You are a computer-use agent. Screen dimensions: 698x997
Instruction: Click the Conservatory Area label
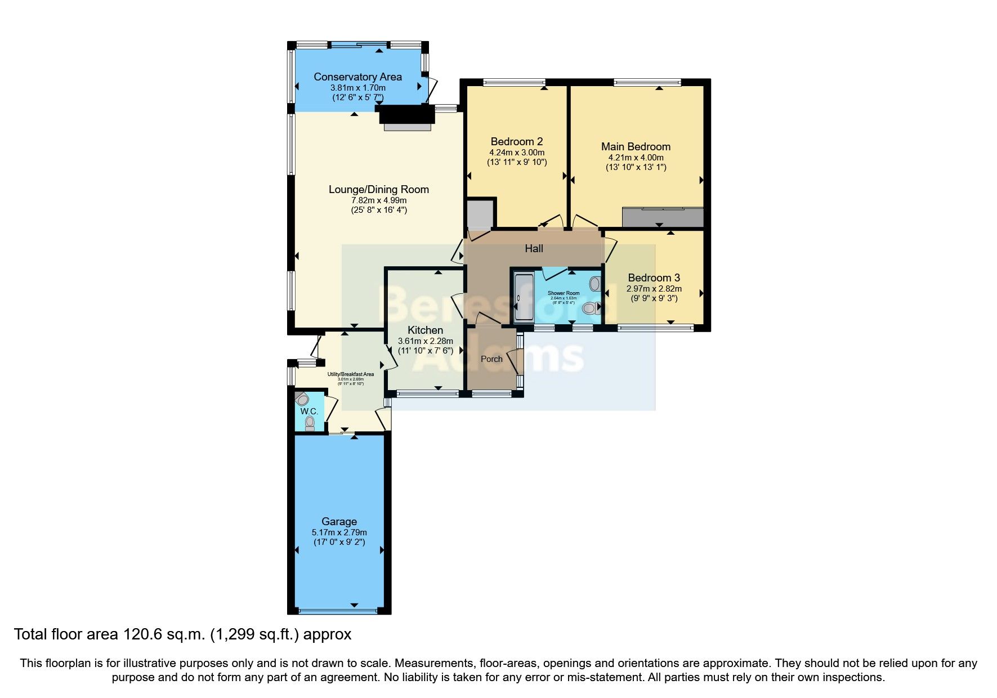357,77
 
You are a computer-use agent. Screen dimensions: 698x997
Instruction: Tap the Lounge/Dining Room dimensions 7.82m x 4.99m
378,200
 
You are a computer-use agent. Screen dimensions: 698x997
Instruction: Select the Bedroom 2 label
516,141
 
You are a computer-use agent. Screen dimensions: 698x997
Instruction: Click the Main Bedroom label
636,146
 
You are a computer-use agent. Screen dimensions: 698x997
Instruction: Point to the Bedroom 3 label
654,278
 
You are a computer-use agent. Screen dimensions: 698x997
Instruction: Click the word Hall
534,248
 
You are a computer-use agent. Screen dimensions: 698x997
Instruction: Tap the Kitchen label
425,330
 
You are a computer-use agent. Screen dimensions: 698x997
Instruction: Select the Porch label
491,359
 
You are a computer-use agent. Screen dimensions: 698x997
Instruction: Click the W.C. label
309,411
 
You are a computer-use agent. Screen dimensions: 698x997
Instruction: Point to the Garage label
339,521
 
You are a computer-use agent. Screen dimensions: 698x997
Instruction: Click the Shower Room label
564,293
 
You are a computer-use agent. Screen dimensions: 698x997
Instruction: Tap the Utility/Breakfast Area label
351,374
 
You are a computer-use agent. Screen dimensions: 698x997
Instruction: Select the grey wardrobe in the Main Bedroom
663,217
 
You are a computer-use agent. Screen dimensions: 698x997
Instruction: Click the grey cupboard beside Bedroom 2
480,214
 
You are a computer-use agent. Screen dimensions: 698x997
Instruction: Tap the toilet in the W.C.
310,423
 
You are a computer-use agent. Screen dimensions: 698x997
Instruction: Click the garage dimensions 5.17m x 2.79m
339,532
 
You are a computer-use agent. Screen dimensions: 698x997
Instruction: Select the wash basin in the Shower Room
594,283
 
